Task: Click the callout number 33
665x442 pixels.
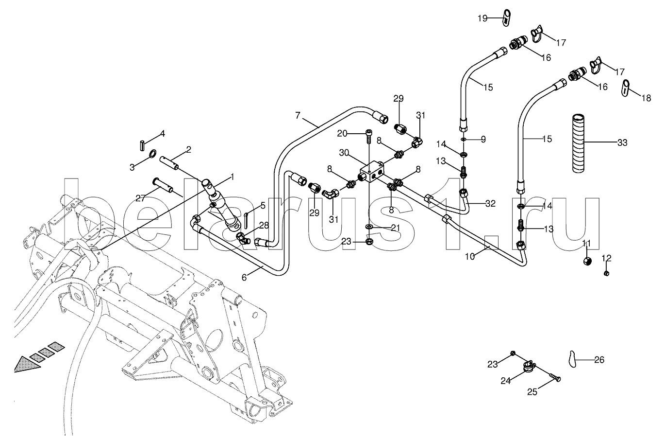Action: (x=622, y=143)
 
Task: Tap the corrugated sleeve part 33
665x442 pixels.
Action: (x=578, y=143)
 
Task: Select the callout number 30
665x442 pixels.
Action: (x=344, y=153)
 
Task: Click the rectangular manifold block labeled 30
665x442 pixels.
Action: (x=372, y=172)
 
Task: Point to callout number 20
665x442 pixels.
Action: (x=342, y=134)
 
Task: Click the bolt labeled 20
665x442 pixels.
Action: (x=368, y=137)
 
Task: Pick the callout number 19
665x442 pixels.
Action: (x=482, y=18)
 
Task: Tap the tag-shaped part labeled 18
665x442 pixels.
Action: (x=625, y=88)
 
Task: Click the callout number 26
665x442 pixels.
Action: (x=599, y=360)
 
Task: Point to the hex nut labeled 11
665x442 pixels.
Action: (x=587, y=262)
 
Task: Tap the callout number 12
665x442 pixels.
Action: (x=607, y=258)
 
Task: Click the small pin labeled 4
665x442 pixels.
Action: (x=142, y=145)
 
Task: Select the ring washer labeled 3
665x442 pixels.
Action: (x=152, y=154)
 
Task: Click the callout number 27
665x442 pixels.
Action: (x=140, y=198)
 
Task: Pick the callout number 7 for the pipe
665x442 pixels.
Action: (x=298, y=115)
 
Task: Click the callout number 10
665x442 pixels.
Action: (x=470, y=256)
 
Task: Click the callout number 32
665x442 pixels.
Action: (x=490, y=203)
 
